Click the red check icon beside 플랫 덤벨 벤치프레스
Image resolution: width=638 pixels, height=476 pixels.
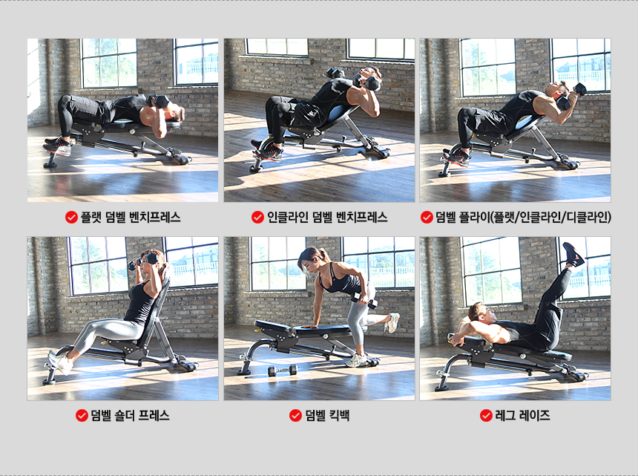pos(71,218)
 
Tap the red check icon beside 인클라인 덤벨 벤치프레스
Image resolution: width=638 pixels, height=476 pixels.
pos(257,218)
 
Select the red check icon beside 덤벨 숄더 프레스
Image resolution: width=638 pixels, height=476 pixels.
pos(82,415)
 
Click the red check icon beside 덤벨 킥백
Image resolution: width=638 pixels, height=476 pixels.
pos(295,415)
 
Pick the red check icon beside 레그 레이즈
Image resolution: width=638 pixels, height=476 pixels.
pos(486,415)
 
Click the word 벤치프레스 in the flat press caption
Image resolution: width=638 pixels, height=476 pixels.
pos(154,218)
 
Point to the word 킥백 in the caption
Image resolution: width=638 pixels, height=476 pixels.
pos(339,415)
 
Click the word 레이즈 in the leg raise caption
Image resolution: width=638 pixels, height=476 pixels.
pos(534,415)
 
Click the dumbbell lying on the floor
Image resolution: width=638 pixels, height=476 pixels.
pos(283,371)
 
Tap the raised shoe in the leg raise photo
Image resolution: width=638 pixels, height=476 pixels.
pos(573,254)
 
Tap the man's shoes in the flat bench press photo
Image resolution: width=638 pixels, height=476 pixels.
pos(58,146)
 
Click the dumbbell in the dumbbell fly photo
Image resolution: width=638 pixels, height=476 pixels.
pos(572,96)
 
